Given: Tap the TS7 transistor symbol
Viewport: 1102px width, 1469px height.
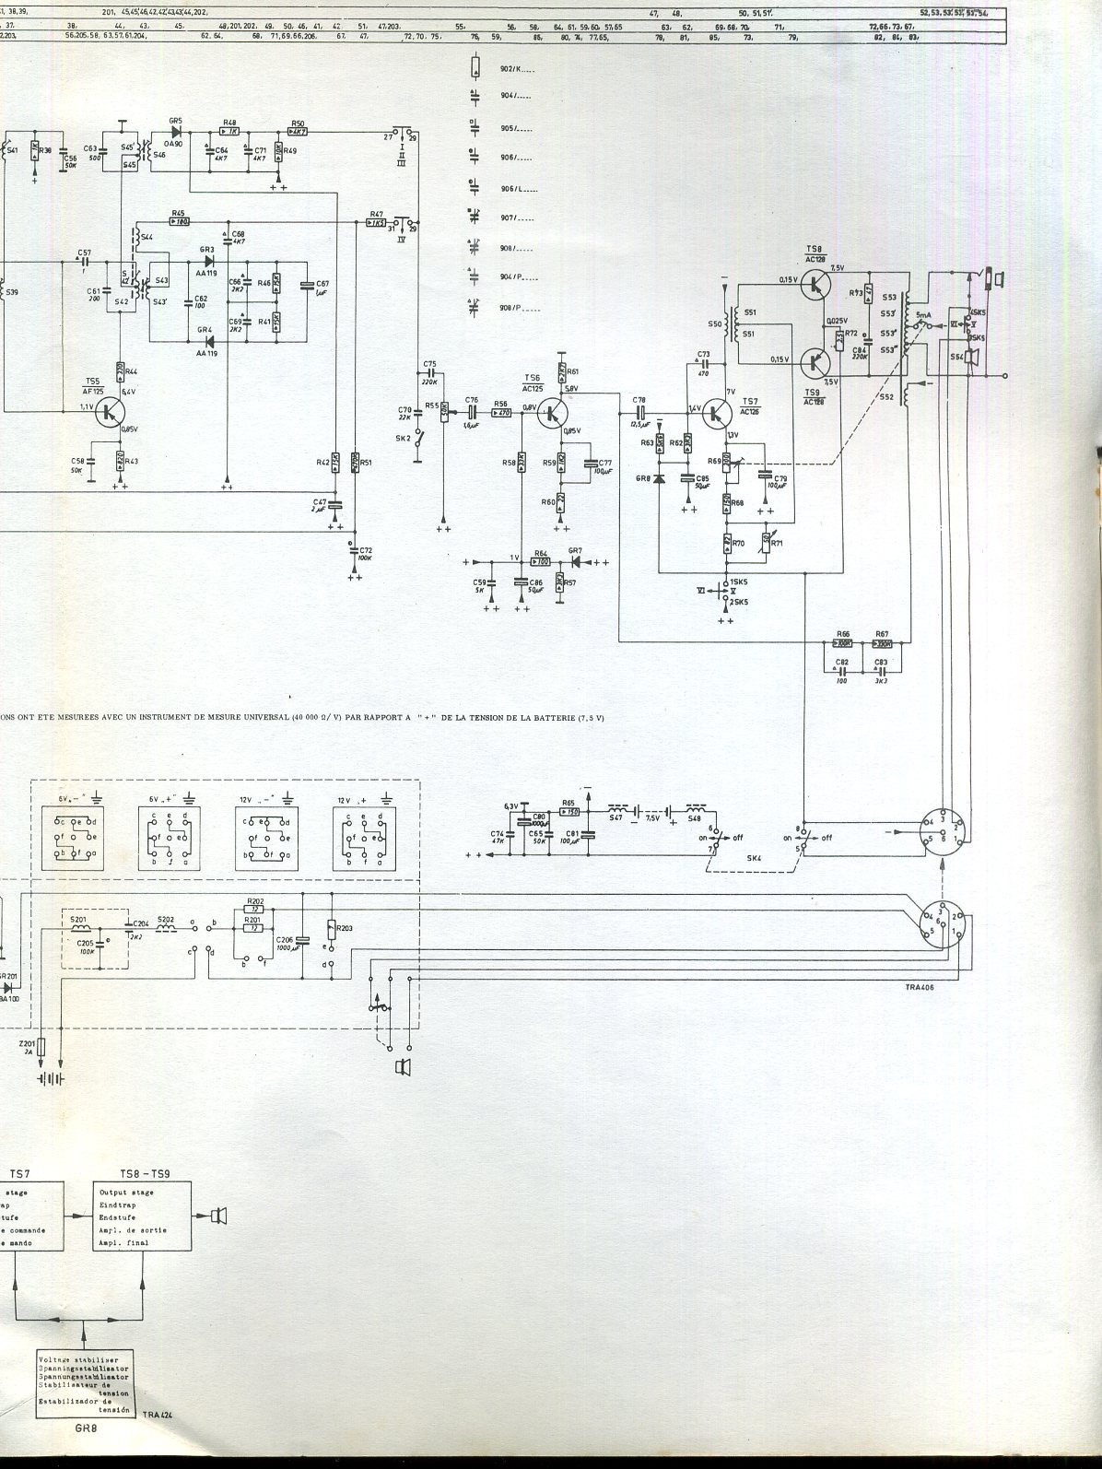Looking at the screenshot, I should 716,414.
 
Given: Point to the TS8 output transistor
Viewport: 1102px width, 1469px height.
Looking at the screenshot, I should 815,286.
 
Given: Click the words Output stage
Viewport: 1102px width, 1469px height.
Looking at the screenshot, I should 127,1193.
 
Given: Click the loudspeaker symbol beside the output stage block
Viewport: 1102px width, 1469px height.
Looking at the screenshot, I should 218,1216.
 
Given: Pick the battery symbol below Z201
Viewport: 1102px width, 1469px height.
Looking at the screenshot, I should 49,1079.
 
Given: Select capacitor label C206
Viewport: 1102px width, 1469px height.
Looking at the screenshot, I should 286,939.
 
